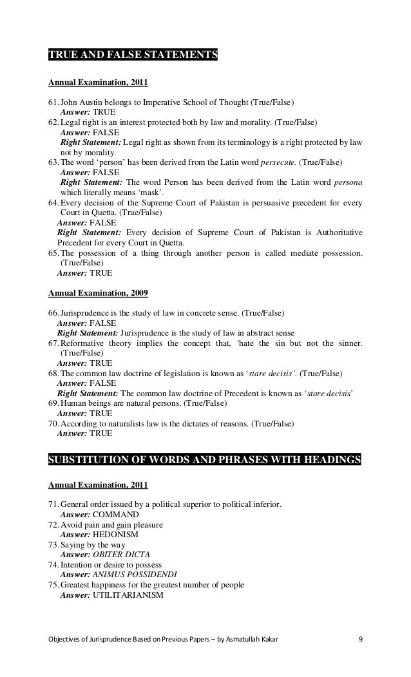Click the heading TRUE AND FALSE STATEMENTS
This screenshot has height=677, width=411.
point(133,53)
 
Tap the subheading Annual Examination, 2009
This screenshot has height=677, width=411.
point(99,294)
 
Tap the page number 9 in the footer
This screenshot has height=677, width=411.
point(360,640)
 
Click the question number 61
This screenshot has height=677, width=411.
point(53,102)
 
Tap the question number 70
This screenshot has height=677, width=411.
point(53,424)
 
